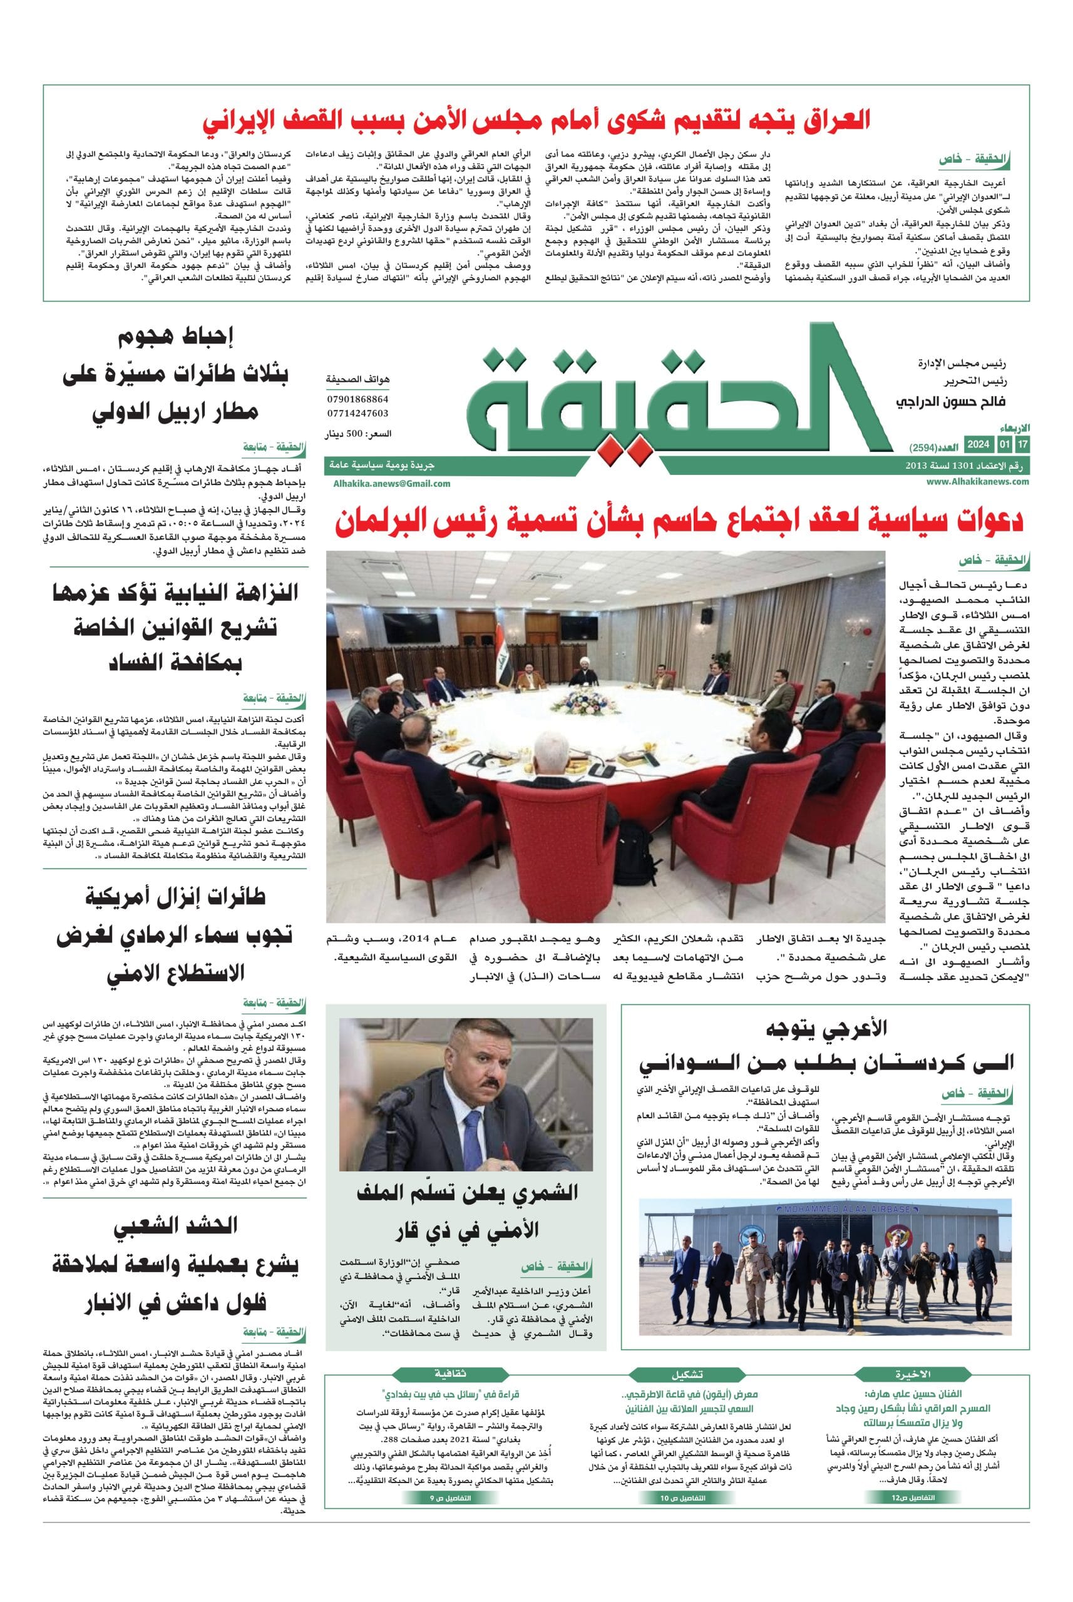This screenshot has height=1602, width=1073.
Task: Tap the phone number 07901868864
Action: click(358, 399)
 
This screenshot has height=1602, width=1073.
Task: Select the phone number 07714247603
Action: click(358, 413)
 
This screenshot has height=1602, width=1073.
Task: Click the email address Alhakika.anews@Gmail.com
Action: click(392, 483)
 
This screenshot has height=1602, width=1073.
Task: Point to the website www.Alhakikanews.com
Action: click(978, 482)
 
